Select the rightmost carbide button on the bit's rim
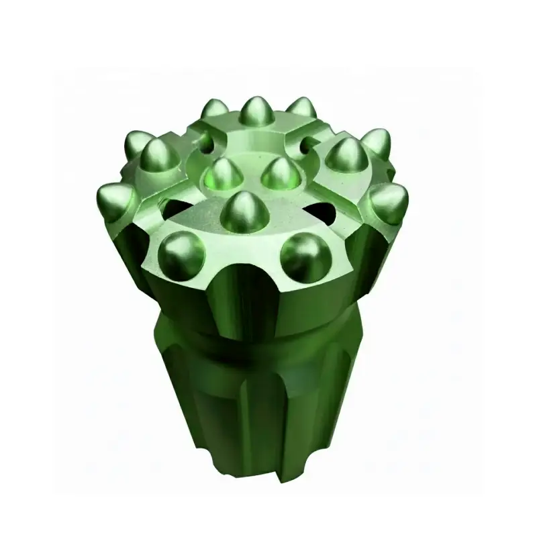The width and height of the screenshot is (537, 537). tap(389, 201)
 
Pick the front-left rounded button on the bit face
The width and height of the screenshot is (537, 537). tap(182, 255)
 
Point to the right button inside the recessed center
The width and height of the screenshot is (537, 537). tap(277, 173)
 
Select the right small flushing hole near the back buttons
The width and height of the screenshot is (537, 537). tap(309, 142)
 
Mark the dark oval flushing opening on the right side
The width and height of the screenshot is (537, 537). tap(324, 213)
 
